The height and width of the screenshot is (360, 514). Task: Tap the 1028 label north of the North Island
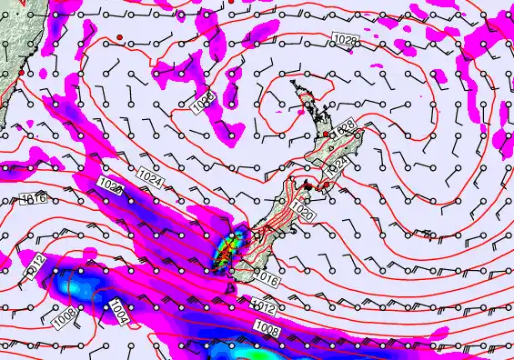click(345, 41)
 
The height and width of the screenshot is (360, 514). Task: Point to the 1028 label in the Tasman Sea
click(205, 101)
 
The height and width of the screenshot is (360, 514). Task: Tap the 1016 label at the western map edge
click(33, 198)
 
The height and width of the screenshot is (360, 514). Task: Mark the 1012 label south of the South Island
click(264, 307)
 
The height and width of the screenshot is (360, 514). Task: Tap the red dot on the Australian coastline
click(20, 72)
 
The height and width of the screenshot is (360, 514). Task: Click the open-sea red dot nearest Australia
click(118, 36)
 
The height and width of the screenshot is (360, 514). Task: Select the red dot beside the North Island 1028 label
click(328, 134)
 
